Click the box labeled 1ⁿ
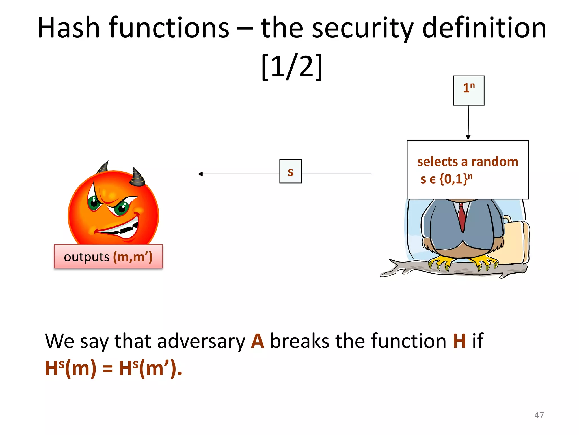[x=468, y=90]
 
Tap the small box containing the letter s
[x=290, y=171]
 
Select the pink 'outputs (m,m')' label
[x=108, y=257]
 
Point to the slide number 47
[x=539, y=415]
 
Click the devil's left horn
[x=103, y=167]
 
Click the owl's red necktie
[x=462, y=217]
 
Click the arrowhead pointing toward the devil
[x=200, y=174]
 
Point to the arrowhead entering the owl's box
[x=468, y=137]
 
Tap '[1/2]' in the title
[x=292, y=67]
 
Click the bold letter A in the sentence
[x=258, y=341]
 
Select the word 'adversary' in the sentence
[x=201, y=342]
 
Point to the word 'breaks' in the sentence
[x=300, y=341]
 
